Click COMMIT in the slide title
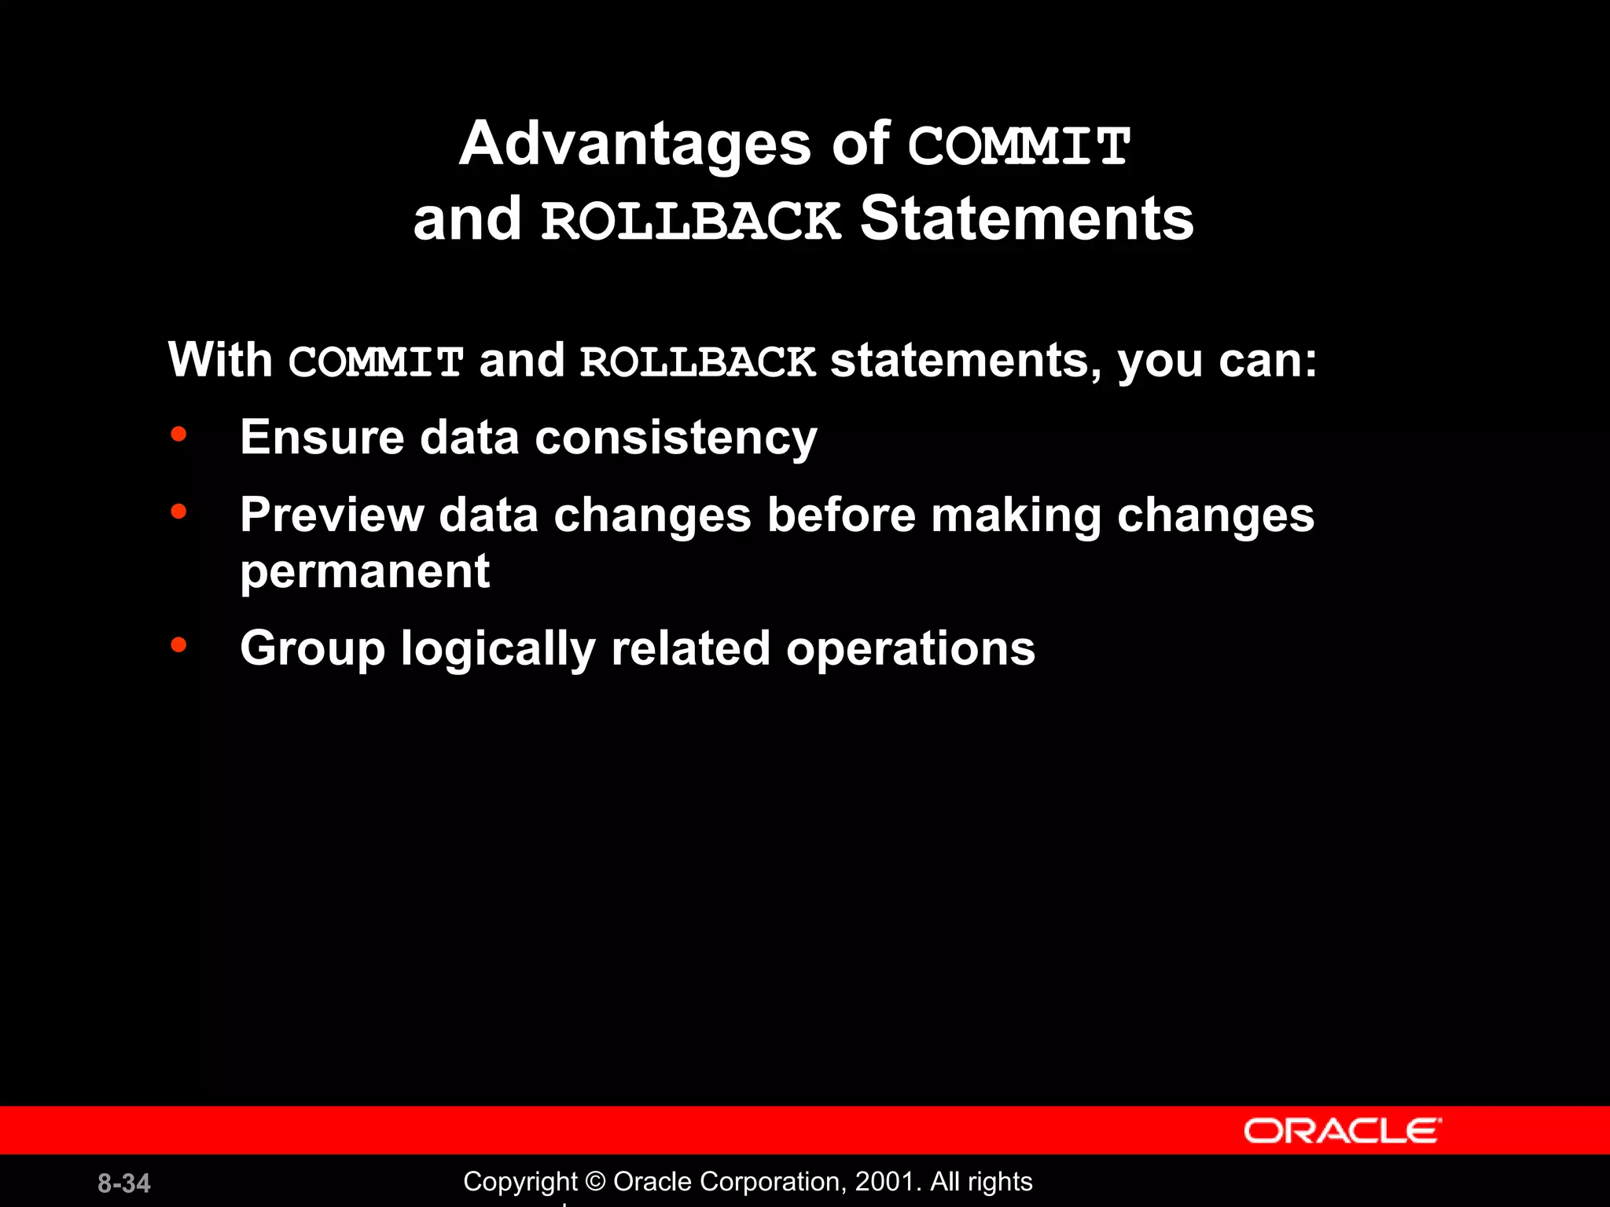pyautogui.click(x=1019, y=147)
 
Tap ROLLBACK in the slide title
pyautogui.click(x=691, y=221)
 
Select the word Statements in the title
pyautogui.click(x=1027, y=219)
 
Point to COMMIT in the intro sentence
pyautogui.click(x=376, y=362)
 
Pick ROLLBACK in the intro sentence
pyautogui.click(x=697, y=362)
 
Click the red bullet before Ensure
pyautogui.click(x=178, y=434)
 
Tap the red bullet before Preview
pyautogui.click(x=178, y=512)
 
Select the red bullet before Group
pyautogui.click(x=178, y=645)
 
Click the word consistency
pyautogui.click(x=675, y=438)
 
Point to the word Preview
pyautogui.click(x=331, y=515)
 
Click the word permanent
pyautogui.click(x=365, y=571)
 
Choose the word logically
pyautogui.click(x=498, y=649)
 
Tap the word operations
pyautogui.click(x=910, y=649)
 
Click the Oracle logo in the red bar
pyautogui.click(x=1342, y=1131)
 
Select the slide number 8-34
pyautogui.click(x=124, y=1183)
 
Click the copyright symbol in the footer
pyautogui.click(x=595, y=1182)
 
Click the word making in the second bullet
pyautogui.click(x=1016, y=515)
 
